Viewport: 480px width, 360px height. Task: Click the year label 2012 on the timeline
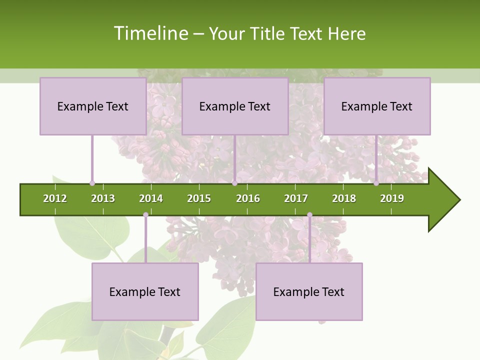pyautogui.click(x=55, y=198)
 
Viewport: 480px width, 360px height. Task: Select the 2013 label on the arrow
pyautogui.click(x=103, y=198)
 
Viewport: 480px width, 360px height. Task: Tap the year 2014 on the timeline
pyautogui.click(x=151, y=198)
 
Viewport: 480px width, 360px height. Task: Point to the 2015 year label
pyautogui.click(x=199, y=198)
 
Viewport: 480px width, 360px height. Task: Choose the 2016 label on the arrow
pyautogui.click(x=248, y=198)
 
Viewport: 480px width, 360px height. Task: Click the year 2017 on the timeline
pyautogui.click(x=296, y=198)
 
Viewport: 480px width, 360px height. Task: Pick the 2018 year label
pyautogui.click(x=344, y=198)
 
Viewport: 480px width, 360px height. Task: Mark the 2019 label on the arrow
pyautogui.click(x=392, y=198)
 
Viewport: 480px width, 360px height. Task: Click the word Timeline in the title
pyautogui.click(x=150, y=33)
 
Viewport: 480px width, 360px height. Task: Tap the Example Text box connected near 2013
pyautogui.click(x=93, y=106)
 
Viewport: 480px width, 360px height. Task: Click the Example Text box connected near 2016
pyautogui.click(x=235, y=106)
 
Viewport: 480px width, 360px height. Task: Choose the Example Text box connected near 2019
pyautogui.click(x=377, y=106)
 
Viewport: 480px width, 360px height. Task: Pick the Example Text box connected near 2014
pyautogui.click(x=145, y=291)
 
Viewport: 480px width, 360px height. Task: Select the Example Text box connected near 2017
pyautogui.click(x=309, y=291)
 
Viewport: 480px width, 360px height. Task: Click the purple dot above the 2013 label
pyautogui.click(x=92, y=183)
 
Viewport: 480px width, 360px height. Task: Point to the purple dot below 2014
pyautogui.click(x=145, y=215)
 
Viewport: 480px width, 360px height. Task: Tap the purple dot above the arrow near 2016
pyautogui.click(x=234, y=183)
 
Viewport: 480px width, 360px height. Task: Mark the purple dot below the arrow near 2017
pyautogui.click(x=309, y=215)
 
